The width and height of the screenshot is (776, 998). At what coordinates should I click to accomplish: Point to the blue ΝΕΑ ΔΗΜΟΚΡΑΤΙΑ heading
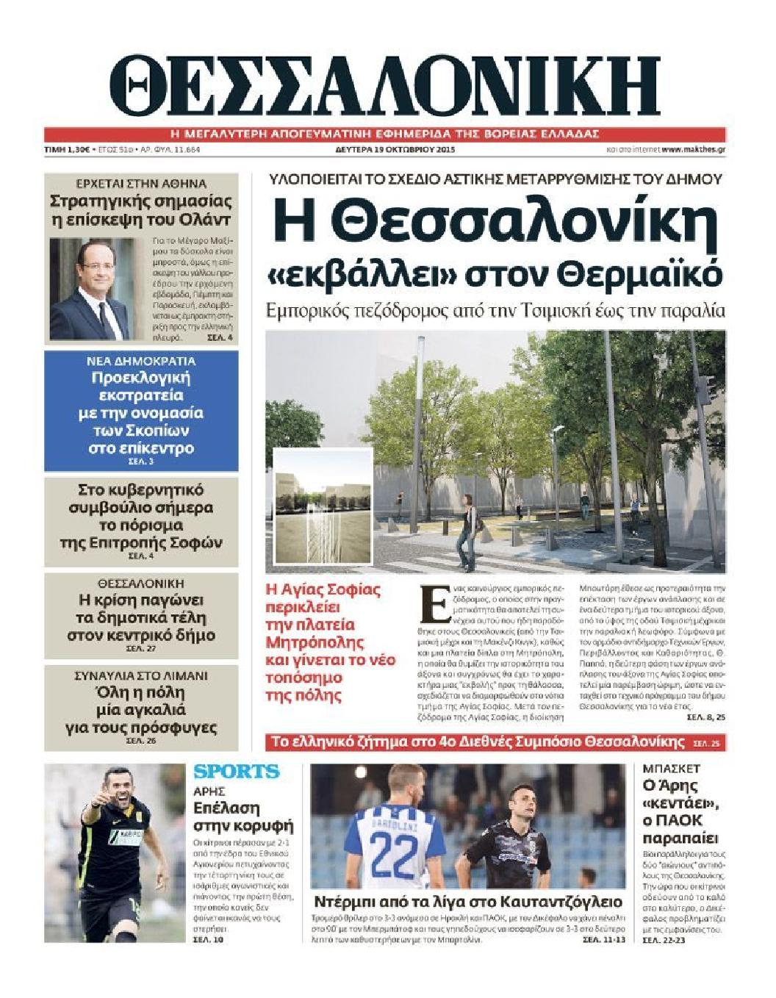(x=142, y=361)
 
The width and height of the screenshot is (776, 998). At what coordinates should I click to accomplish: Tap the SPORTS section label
(x=237, y=772)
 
